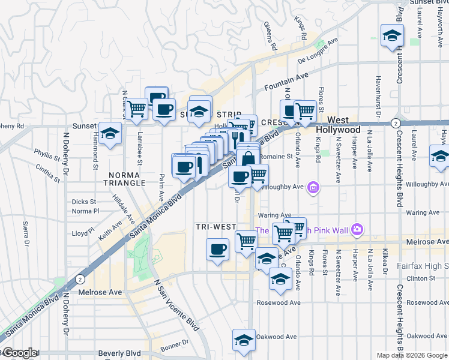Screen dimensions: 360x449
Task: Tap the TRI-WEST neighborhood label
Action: click(x=215, y=227)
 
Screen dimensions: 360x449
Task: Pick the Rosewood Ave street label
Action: click(x=278, y=302)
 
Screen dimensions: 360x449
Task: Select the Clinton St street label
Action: click(x=420, y=278)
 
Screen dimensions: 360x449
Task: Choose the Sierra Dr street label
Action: click(x=26, y=235)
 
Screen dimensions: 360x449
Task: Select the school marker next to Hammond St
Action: click(x=110, y=134)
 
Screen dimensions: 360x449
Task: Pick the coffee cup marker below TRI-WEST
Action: click(x=217, y=248)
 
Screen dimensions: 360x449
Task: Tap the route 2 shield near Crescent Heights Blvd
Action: click(x=395, y=123)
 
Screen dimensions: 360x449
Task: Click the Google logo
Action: click(x=19, y=353)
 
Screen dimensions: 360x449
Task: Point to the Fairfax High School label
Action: click(x=423, y=265)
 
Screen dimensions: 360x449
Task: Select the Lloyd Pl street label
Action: click(x=83, y=233)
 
